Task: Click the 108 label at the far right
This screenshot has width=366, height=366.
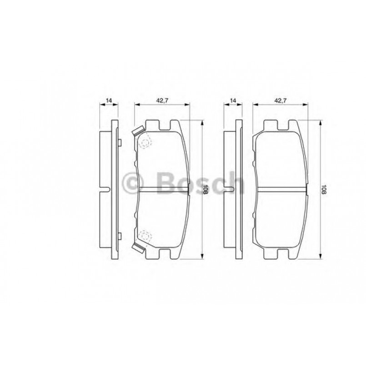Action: (x=324, y=189)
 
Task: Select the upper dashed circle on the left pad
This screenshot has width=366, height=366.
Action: (x=145, y=143)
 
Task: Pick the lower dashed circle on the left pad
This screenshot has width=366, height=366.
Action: (x=145, y=236)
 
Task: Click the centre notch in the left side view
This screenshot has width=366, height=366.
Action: (x=106, y=190)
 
